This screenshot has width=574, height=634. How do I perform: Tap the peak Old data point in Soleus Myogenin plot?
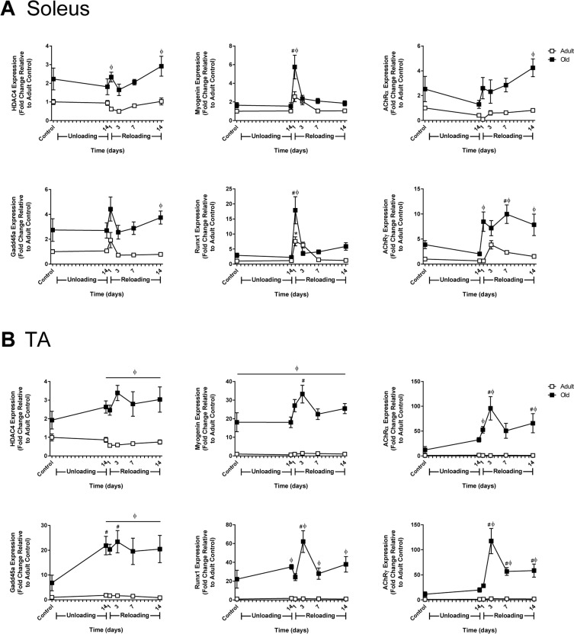(293, 67)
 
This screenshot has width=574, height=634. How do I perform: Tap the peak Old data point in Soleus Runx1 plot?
(293, 210)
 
